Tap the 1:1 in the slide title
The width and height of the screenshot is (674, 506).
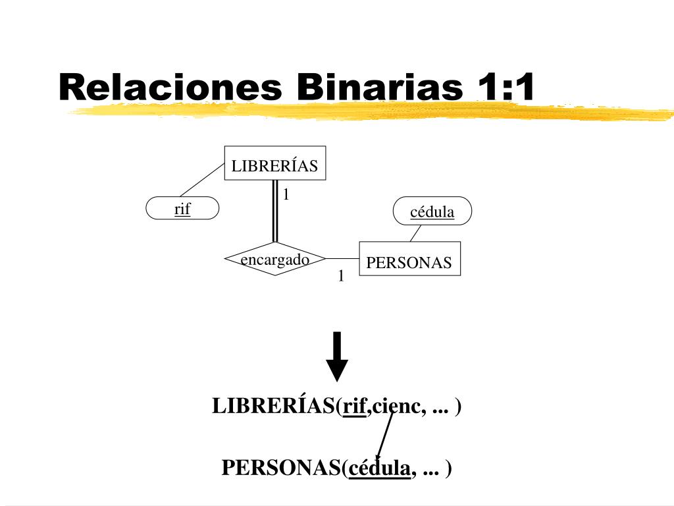pyautogui.click(x=503, y=87)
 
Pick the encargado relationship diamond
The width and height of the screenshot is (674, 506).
pyautogui.click(x=274, y=259)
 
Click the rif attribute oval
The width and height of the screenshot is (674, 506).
pyautogui.click(x=182, y=209)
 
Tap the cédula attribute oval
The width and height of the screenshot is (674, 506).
pyautogui.click(x=432, y=211)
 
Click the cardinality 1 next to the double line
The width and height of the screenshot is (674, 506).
pyautogui.click(x=286, y=194)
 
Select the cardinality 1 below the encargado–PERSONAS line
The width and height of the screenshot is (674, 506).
pyautogui.click(x=341, y=276)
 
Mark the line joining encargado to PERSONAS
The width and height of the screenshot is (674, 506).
pyautogui.click(x=342, y=258)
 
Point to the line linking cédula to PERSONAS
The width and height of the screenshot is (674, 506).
pyautogui.click(x=415, y=233)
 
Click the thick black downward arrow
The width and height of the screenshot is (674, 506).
pyautogui.click(x=338, y=356)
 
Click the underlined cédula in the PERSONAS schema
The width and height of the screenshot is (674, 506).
pyautogui.click(x=380, y=468)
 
